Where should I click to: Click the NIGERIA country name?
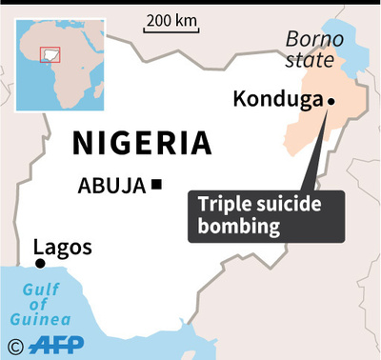[x=142, y=143]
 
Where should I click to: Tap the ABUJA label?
[x=111, y=185]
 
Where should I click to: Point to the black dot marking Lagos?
[x=40, y=263]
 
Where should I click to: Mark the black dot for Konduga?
[x=331, y=101]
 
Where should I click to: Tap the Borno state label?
[x=311, y=50]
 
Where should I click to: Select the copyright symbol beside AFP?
[x=14, y=344]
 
